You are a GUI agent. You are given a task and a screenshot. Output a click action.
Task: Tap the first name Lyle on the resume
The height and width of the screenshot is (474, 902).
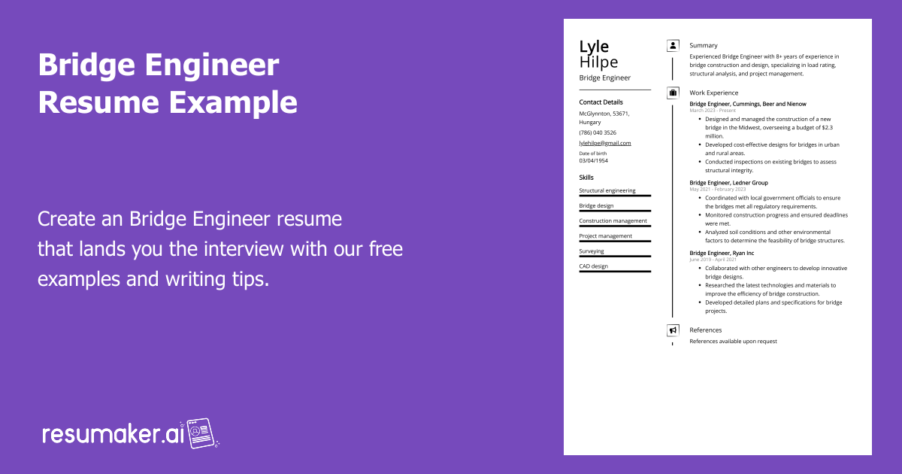pyautogui.click(x=594, y=47)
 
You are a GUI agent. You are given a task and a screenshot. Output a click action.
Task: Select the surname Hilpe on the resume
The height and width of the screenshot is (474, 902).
pyautogui.click(x=598, y=62)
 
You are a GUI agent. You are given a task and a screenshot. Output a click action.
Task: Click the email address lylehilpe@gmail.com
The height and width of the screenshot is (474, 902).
pyautogui.click(x=604, y=143)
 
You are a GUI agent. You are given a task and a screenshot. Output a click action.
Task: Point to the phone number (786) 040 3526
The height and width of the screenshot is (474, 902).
pyautogui.click(x=598, y=132)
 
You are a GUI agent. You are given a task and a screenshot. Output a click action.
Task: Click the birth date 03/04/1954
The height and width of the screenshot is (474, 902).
pyautogui.click(x=594, y=160)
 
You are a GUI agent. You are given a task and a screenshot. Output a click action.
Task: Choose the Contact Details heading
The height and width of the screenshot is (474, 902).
pyautogui.click(x=601, y=102)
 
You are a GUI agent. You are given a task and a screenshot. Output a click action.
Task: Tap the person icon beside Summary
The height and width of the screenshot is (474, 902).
pyautogui.click(x=673, y=45)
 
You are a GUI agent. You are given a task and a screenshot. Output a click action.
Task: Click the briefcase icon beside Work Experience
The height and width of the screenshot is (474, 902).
pyautogui.click(x=673, y=93)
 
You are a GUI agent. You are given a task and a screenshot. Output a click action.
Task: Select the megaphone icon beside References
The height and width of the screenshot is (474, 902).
pyautogui.click(x=673, y=330)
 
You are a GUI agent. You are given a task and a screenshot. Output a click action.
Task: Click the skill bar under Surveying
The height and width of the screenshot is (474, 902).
pyautogui.click(x=615, y=257)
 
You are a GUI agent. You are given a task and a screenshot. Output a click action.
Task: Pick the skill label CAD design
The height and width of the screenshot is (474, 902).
pyautogui.click(x=594, y=266)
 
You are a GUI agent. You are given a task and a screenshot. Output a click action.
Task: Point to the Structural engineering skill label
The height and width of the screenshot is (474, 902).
pyautogui.click(x=607, y=191)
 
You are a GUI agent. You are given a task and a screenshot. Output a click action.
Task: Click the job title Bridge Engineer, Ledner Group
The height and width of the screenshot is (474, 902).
pyautogui.click(x=728, y=183)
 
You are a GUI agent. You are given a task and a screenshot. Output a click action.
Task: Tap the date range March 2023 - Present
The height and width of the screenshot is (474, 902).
pyautogui.click(x=713, y=111)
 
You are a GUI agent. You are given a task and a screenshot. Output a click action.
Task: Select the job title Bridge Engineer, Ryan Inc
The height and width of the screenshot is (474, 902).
pyautogui.click(x=722, y=254)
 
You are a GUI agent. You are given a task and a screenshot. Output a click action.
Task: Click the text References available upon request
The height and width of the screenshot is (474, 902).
pyautogui.click(x=733, y=342)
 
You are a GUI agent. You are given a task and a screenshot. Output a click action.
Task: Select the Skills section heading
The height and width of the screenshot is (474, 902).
pyautogui.click(x=586, y=178)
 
